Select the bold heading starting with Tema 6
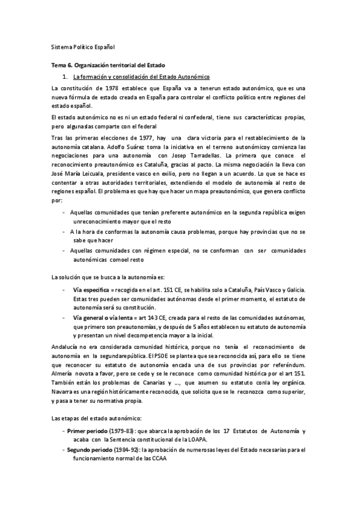pyautogui.click(x=108, y=65)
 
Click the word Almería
pyautogui.click(x=63, y=373)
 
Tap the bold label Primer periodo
pyautogui.click(x=88, y=432)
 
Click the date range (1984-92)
pyautogui.click(x=129, y=449)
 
